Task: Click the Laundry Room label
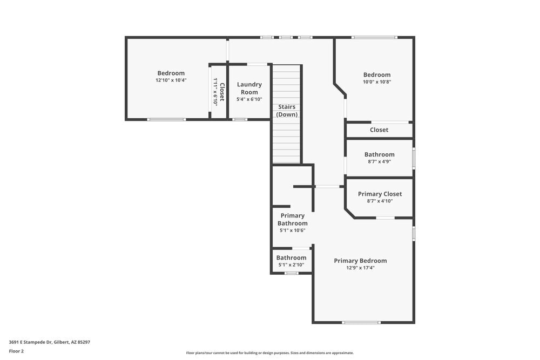249,88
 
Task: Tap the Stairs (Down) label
287,111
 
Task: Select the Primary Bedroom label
360,261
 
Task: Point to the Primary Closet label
380,194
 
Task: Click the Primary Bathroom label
292,219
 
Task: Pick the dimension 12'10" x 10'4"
171,80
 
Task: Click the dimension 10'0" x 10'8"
376,82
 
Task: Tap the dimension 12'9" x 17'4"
360,268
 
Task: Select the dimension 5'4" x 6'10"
249,99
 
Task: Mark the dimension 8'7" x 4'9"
379,161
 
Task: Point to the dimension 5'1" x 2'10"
291,265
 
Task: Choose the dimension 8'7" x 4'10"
380,201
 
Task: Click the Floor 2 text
16,351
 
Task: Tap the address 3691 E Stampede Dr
49,342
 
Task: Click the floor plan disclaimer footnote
270,353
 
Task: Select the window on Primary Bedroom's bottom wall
361,323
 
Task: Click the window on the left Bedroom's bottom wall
166,119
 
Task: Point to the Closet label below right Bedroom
379,130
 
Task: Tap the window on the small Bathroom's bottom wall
291,273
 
